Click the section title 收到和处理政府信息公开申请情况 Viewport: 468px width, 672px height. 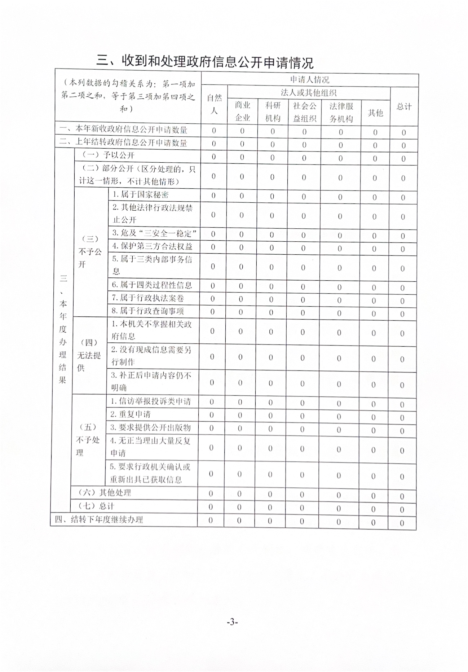[205, 62]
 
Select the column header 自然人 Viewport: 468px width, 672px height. [214, 104]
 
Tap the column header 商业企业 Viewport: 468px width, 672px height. [242, 111]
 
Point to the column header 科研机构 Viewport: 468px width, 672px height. [273, 112]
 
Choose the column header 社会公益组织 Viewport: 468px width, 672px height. [304, 112]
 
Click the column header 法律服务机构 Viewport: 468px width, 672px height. [341, 113]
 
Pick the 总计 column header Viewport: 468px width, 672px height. [404, 106]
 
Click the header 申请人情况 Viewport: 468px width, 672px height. [309, 80]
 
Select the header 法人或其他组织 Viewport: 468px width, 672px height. [308, 93]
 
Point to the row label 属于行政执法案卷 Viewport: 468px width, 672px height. [148, 298]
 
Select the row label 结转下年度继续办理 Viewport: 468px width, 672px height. [99, 519]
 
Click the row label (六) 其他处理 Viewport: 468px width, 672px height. [105, 492]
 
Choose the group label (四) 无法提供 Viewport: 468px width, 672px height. [89, 355]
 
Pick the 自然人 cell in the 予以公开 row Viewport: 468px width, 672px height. [214, 157]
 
